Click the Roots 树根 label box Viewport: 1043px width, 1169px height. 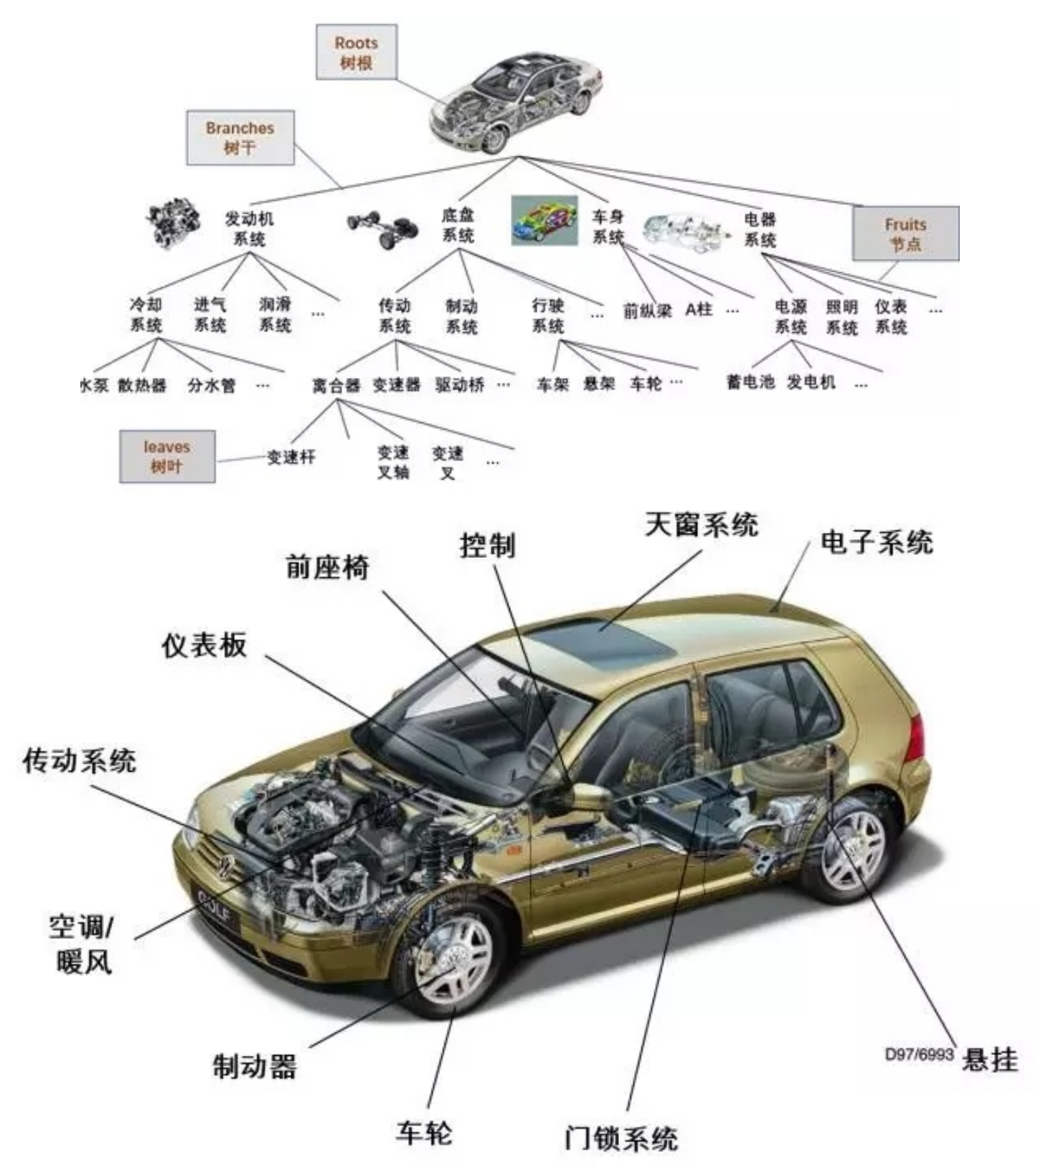[356, 52]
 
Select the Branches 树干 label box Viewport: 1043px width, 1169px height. [240, 138]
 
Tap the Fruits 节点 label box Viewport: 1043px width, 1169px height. [905, 234]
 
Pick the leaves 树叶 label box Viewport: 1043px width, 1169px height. [166, 456]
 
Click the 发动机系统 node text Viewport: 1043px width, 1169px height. [249, 228]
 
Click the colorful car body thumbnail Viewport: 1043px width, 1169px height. [544, 221]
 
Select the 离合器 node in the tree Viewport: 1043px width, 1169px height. [336, 386]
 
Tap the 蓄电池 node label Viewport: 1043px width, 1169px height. [750, 382]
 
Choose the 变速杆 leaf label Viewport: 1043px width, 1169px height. [291, 457]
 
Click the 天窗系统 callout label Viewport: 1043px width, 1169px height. [701, 524]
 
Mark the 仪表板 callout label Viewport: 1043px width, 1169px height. [204, 645]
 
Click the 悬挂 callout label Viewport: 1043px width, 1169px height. [990, 1059]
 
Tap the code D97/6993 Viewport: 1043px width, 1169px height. [919, 1054]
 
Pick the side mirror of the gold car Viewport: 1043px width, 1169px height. [590, 795]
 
